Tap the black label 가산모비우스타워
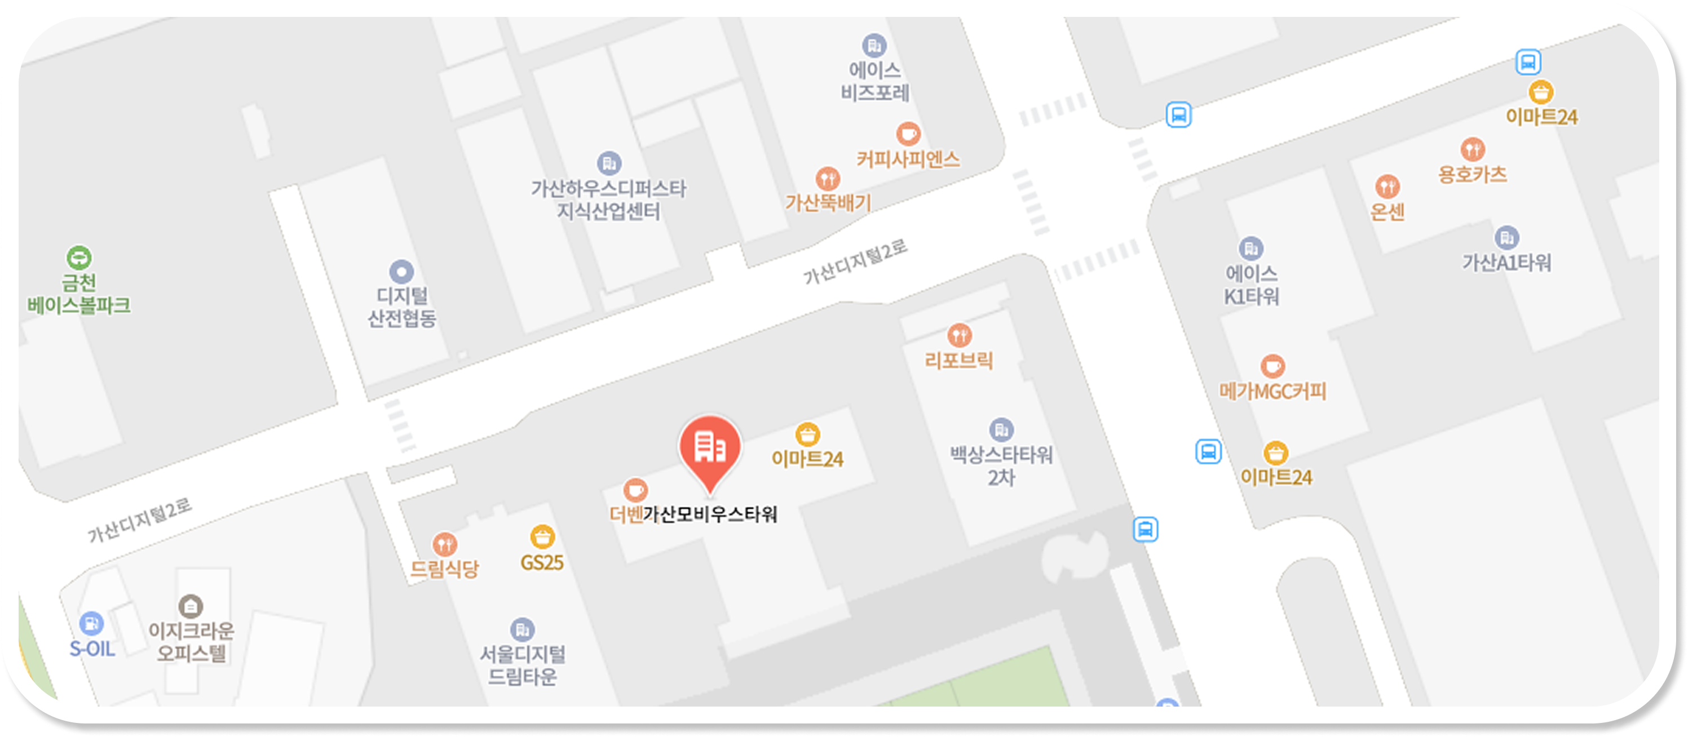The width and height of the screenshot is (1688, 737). click(710, 514)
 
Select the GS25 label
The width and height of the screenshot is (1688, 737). click(542, 563)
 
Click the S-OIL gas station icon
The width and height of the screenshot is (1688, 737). click(91, 623)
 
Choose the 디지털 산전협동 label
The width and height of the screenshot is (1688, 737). click(401, 307)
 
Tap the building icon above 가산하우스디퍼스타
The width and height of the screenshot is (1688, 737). click(609, 163)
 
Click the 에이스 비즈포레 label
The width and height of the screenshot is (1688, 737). click(875, 81)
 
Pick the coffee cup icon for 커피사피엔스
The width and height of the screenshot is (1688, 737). click(908, 134)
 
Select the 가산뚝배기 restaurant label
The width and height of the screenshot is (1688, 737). click(828, 203)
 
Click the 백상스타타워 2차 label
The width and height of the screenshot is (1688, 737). click(1001, 466)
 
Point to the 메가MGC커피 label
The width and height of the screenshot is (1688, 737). click(1272, 392)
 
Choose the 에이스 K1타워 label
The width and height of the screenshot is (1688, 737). click(1252, 285)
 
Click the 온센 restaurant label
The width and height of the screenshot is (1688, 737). click(1387, 212)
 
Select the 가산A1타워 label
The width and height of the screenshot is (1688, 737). click(1506, 263)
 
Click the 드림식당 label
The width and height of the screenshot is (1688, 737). click(444, 569)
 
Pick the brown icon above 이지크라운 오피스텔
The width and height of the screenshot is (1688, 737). click(191, 606)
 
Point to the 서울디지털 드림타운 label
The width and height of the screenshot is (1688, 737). click(522, 665)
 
